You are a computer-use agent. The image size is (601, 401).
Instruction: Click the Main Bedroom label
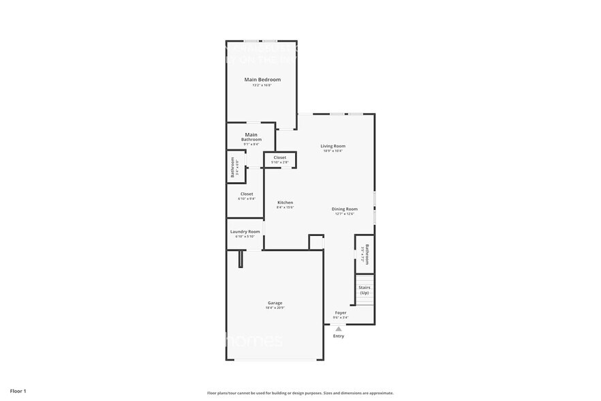click(262, 80)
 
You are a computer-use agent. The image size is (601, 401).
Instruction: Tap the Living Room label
click(333, 146)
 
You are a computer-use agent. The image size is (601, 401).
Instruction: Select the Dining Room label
click(344, 209)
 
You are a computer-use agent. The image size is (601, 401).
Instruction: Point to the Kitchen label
click(285, 203)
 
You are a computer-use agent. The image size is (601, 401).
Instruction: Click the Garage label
click(275, 303)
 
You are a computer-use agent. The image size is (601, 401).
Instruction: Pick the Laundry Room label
click(245, 232)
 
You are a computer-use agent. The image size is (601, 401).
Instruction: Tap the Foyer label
click(341, 313)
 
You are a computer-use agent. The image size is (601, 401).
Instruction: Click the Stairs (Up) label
click(365, 290)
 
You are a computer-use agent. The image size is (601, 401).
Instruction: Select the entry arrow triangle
click(339, 329)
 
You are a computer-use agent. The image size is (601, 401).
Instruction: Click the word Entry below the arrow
click(339, 336)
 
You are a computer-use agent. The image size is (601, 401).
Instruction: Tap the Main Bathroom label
click(251, 137)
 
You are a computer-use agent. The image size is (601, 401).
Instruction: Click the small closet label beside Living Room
click(279, 158)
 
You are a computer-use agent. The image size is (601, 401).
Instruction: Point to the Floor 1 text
click(18, 391)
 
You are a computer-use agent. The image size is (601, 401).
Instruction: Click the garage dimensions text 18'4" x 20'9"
click(275, 308)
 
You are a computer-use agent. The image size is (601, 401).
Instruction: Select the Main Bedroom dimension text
click(262, 85)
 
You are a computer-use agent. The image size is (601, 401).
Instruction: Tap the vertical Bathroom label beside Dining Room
click(367, 254)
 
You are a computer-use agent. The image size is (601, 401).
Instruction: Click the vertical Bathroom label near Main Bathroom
click(233, 168)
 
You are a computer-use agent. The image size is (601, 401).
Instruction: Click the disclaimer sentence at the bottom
click(300, 393)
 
